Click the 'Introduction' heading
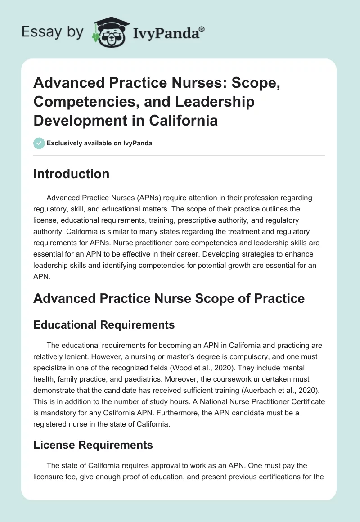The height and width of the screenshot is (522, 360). pos(71,174)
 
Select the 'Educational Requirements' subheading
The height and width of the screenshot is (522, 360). pos(104,325)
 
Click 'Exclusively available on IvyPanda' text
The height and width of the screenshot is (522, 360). pos(99,144)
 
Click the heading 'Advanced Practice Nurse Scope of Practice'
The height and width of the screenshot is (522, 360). pos(169,298)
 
